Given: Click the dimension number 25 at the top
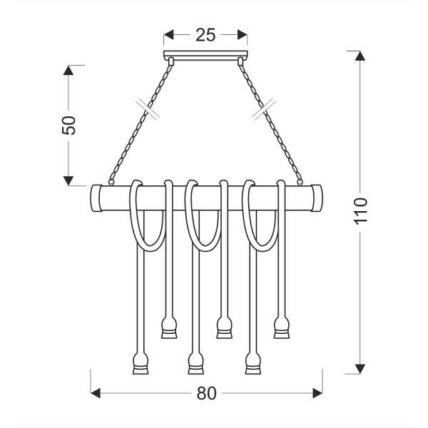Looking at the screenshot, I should coord(206,34).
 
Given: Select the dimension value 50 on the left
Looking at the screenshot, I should coord(69,125).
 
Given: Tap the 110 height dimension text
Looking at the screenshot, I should coord(360,212).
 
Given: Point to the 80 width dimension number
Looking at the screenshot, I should coord(206,393).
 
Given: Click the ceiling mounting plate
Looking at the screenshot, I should coord(206,56).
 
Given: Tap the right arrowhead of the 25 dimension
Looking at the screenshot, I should coord(243,34).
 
